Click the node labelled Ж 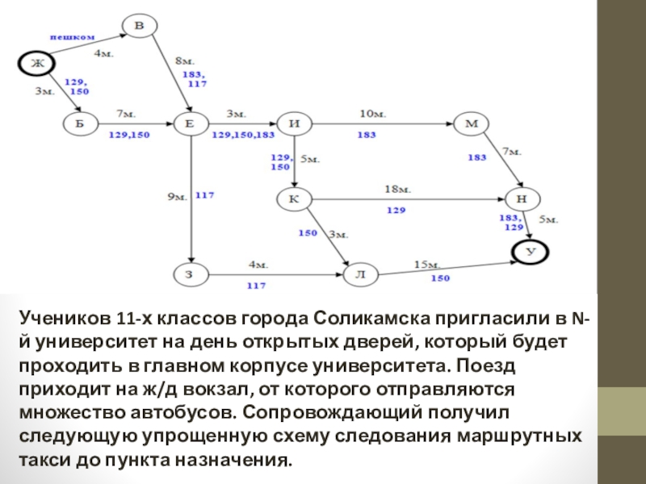click(36, 63)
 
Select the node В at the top click(139, 27)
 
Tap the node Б click(81, 124)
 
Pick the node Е click(190, 124)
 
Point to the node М click(472, 124)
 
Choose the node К click(294, 198)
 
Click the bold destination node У click(531, 252)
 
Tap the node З click(190, 275)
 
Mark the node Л click(360, 275)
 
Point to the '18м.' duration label click(397, 190)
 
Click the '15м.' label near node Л click(426, 265)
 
